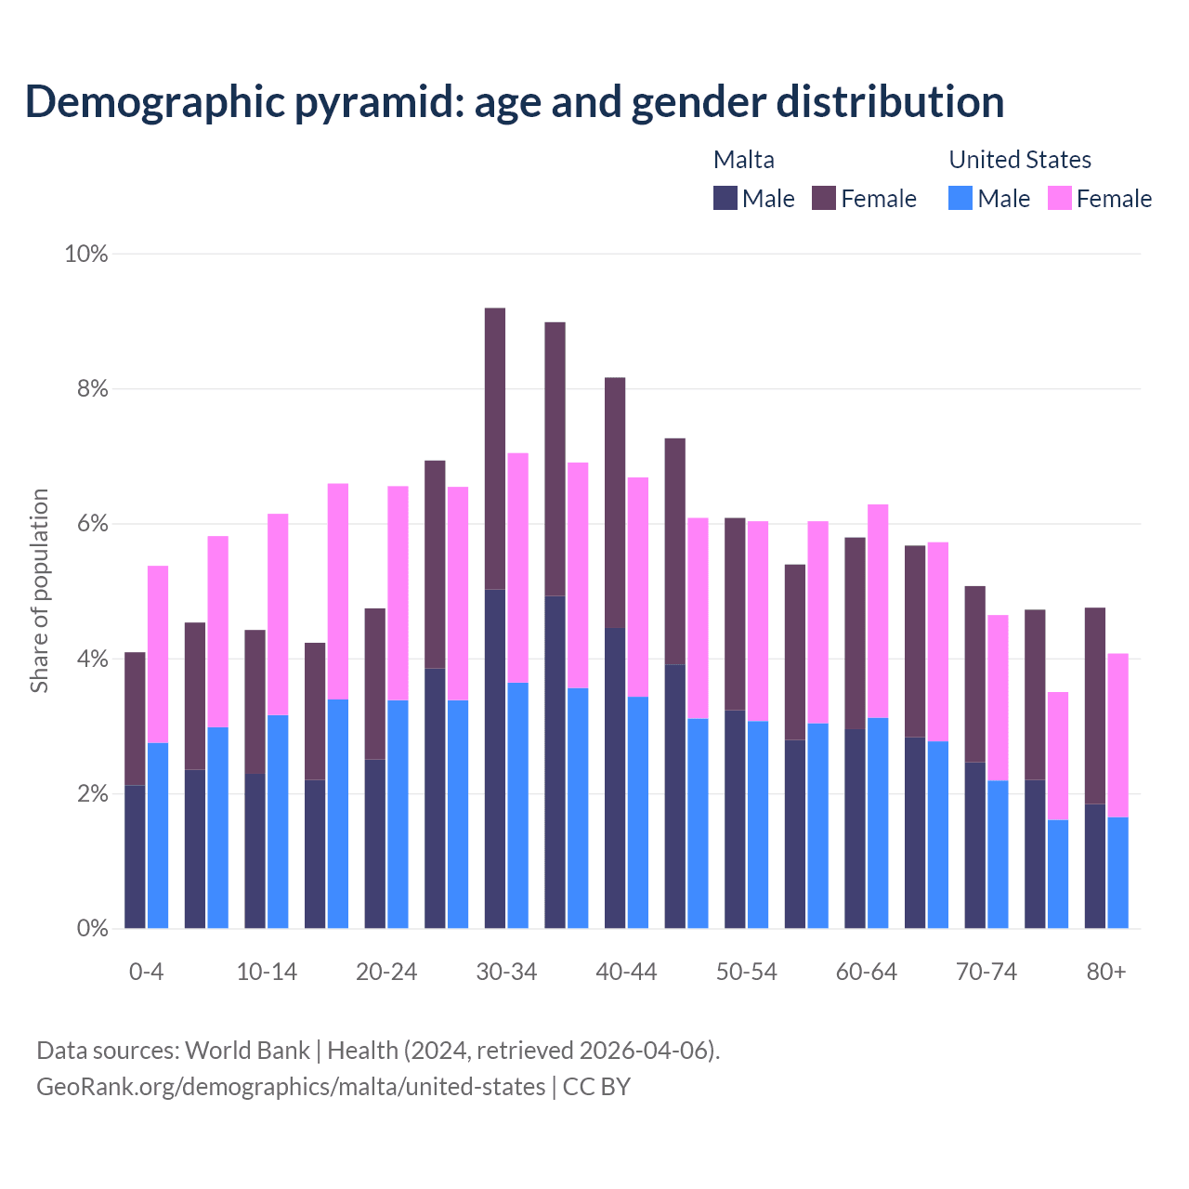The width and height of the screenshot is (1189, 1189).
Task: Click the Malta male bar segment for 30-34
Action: point(495,758)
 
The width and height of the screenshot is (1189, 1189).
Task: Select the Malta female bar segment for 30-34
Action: point(495,449)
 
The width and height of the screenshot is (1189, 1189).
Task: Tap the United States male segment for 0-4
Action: point(158,835)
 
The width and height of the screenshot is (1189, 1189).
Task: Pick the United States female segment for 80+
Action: point(1117,735)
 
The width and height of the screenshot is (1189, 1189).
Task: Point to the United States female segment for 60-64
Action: point(878,611)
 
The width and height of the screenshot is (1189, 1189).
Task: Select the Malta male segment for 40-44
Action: point(615,777)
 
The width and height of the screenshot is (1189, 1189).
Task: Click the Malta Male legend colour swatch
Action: point(725,198)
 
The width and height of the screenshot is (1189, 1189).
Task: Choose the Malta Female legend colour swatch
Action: point(824,198)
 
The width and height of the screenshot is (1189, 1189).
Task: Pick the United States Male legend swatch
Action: point(960,198)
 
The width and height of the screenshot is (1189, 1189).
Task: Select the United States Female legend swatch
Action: point(1059,198)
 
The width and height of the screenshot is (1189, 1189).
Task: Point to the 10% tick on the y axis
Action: point(85,254)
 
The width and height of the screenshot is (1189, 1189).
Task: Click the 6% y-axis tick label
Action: point(92,524)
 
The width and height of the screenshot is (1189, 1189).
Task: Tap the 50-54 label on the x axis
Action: point(746,972)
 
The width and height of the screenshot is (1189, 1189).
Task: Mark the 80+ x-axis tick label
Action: point(1106,972)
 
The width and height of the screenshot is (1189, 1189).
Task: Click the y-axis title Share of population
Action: point(39,591)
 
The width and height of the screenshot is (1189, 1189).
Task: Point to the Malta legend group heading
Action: point(743,160)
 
